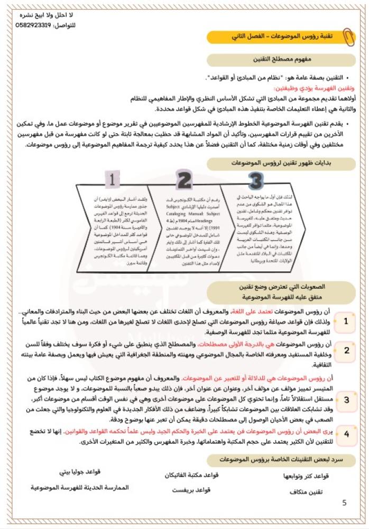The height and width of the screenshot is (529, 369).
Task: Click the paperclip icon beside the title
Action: click(347, 37)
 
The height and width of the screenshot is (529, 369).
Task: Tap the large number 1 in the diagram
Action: click(112, 180)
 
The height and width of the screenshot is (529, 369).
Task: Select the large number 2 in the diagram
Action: click(183, 180)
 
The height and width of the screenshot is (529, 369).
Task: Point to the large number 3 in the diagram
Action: click(256, 180)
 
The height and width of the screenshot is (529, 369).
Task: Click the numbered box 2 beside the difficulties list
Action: click(346, 350)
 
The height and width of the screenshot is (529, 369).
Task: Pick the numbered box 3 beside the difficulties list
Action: click(346, 399)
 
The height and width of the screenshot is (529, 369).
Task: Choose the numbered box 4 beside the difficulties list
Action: click(346, 434)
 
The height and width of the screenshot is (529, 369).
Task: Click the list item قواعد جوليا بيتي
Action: click(80, 472)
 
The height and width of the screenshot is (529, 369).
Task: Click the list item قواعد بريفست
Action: click(192, 491)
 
